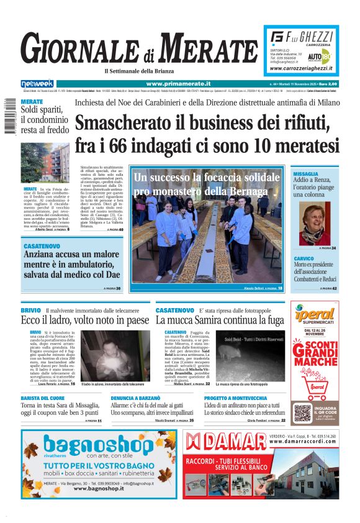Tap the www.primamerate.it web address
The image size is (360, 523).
pos(178,83)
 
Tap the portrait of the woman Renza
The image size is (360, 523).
pos(315,225)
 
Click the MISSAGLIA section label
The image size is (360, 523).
pos(305,174)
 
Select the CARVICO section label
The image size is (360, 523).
pos(304,258)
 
